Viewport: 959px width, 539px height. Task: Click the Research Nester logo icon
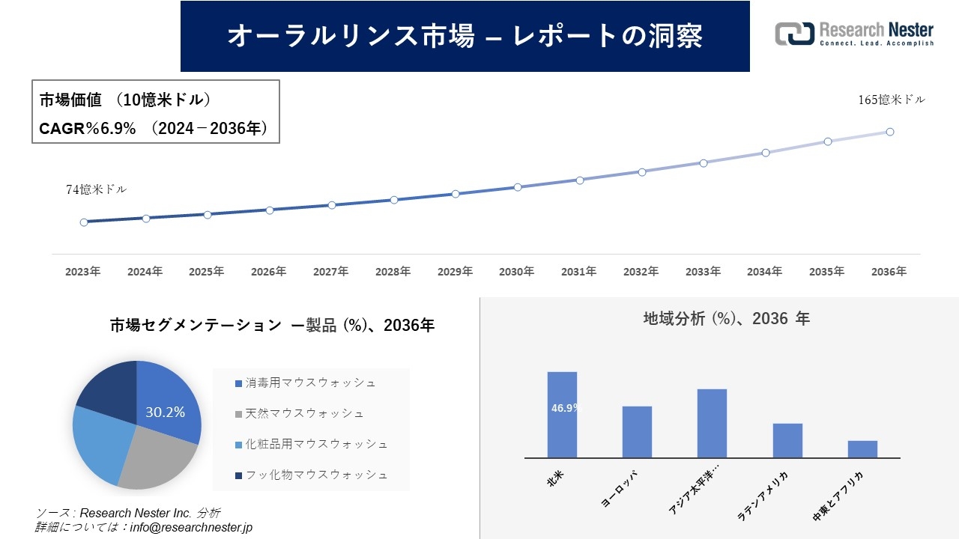click(x=795, y=34)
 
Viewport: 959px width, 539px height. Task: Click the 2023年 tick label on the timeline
click(x=83, y=272)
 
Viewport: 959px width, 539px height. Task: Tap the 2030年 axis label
click(x=517, y=272)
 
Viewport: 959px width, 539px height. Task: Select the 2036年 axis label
click(x=889, y=272)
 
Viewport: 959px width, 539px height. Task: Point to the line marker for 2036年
click(x=889, y=132)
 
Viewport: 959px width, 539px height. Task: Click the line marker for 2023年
click(x=84, y=222)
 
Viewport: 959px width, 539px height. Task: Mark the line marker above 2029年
click(x=456, y=194)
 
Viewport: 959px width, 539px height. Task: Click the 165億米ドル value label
click(x=892, y=100)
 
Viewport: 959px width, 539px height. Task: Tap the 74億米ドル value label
click(x=97, y=190)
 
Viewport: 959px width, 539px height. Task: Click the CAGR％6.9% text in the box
click(x=88, y=129)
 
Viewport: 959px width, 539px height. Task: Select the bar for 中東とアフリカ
click(x=862, y=449)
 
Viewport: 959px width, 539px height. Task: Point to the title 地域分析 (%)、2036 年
click(x=726, y=319)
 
